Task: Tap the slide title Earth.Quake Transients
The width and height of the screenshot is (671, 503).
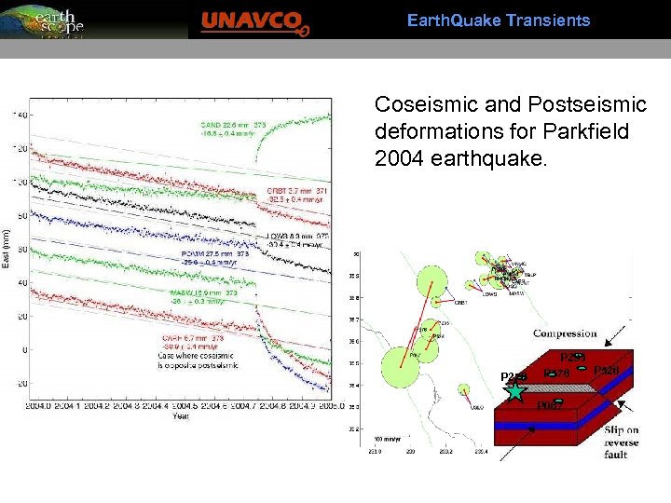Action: pyautogui.click(x=499, y=20)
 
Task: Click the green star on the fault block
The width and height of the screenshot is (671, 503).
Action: pyautogui.click(x=516, y=392)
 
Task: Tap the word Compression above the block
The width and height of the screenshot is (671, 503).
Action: pyautogui.click(x=565, y=333)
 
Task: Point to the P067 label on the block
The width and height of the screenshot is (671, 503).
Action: pyautogui.click(x=550, y=405)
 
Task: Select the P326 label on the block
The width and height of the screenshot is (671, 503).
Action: pyautogui.click(x=607, y=371)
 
